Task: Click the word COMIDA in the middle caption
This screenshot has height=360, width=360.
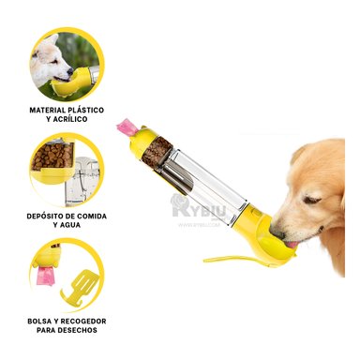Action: (90, 216)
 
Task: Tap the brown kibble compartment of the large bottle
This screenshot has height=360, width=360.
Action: (159, 151)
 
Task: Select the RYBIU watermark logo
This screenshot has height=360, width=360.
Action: (198, 208)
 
